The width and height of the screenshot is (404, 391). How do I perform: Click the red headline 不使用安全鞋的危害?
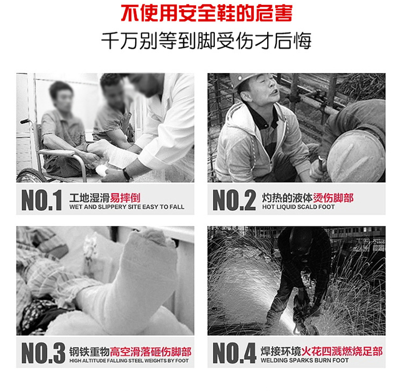click(x=207, y=13)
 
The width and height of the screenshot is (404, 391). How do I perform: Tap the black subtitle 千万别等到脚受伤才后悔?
click(x=206, y=41)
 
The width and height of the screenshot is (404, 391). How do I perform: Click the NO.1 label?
click(x=41, y=200)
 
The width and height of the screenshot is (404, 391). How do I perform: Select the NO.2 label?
click(x=234, y=200)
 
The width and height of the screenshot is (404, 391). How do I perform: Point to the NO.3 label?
click(x=43, y=353)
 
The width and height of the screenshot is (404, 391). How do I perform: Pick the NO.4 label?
click(x=234, y=353)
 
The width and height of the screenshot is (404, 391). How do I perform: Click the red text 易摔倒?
click(x=125, y=197)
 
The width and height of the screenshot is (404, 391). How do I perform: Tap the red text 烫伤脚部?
click(x=333, y=197)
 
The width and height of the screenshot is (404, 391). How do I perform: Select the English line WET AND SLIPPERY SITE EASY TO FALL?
click(x=127, y=207)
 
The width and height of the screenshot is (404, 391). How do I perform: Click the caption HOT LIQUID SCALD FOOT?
click(x=298, y=207)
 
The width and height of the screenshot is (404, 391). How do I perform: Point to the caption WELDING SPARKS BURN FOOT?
click(x=304, y=360)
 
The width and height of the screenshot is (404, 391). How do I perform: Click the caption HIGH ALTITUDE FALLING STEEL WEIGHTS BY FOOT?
click(x=129, y=361)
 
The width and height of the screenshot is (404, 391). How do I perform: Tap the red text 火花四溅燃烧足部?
click(x=342, y=351)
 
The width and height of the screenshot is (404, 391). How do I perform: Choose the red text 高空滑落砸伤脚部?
click(x=151, y=352)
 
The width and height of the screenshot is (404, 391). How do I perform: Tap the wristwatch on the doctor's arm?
click(x=127, y=174)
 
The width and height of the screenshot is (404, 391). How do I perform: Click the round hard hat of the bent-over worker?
click(x=356, y=156)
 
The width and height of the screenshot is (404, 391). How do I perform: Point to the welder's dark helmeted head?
click(x=301, y=240)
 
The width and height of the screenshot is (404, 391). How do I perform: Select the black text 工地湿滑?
click(x=89, y=197)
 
